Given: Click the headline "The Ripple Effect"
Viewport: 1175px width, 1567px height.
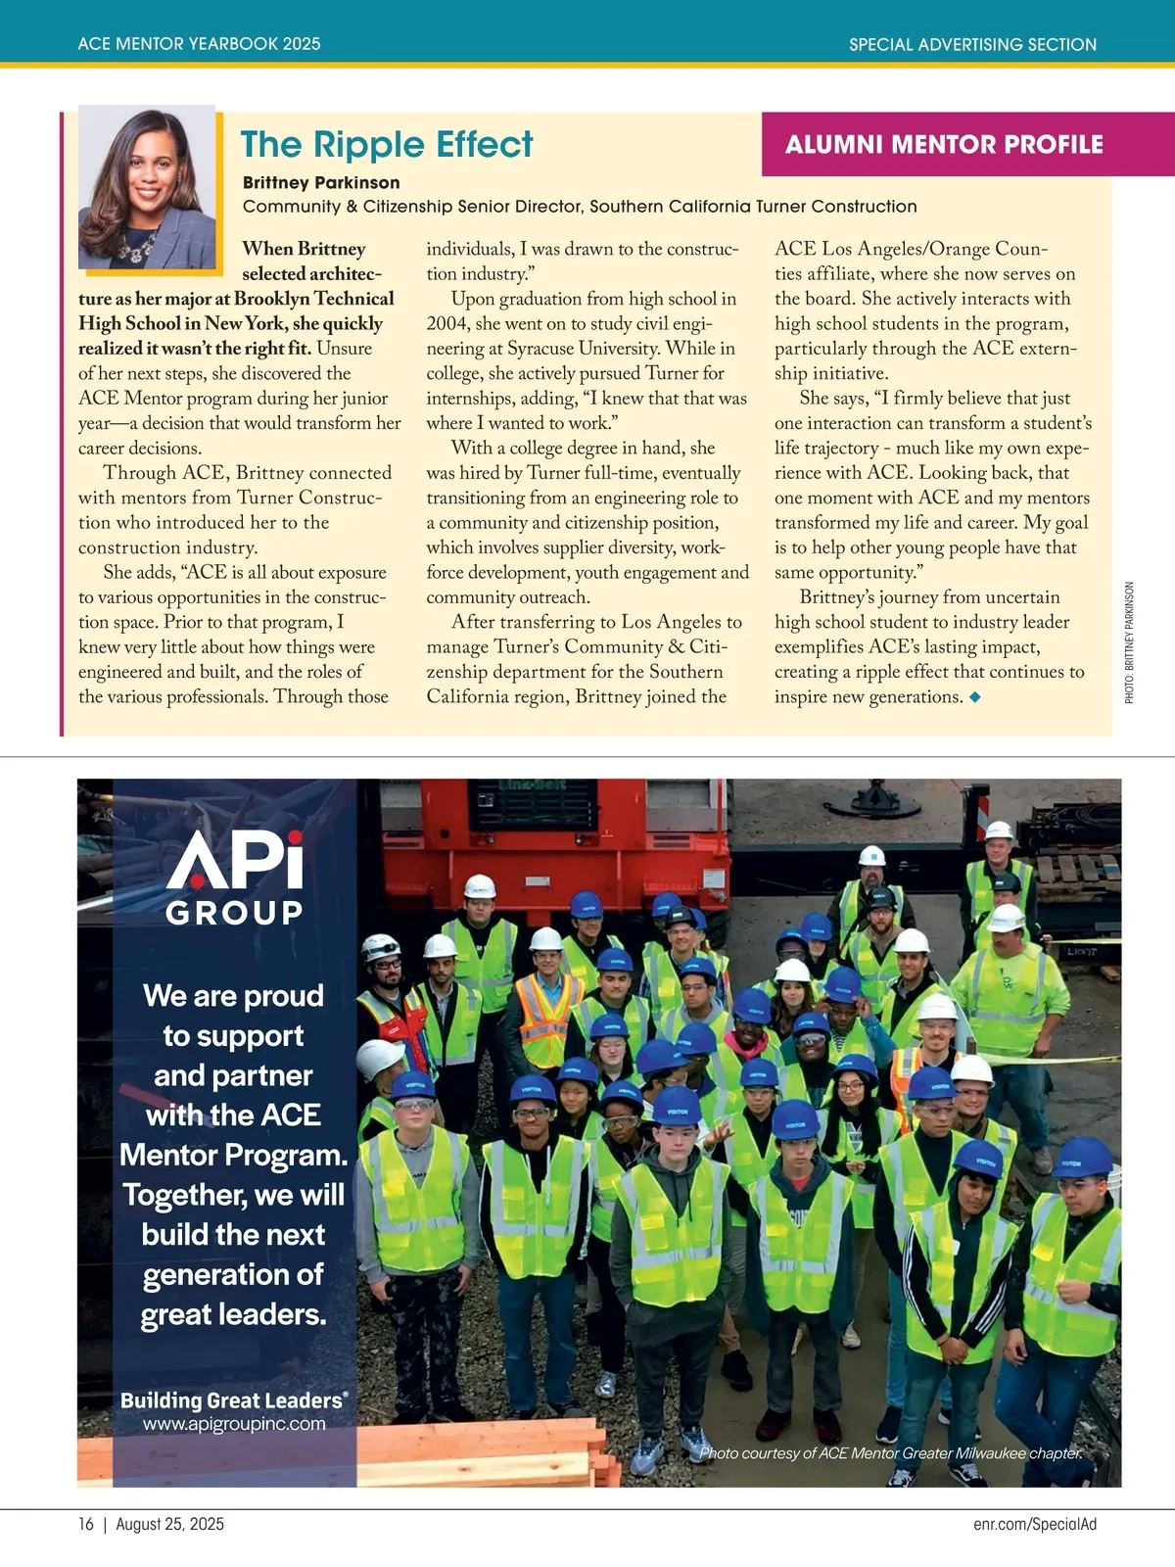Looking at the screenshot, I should tap(387, 145).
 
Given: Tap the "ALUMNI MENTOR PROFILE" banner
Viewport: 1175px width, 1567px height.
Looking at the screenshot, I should tap(944, 145).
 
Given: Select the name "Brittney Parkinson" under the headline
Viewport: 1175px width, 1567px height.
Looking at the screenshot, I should tap(321, 183).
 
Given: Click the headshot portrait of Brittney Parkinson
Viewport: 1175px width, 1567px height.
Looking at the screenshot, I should tap(147, 186).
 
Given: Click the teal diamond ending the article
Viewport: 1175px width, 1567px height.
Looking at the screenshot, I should tap(974, 697).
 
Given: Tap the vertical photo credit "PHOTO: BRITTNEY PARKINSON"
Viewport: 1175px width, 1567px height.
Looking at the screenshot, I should tap(1129, 642).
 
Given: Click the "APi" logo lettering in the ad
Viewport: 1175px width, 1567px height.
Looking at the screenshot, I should tap(235, 861).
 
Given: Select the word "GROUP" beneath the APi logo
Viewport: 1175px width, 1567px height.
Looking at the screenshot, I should tap(235, 913).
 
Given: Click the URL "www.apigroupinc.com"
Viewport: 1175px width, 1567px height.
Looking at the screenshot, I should tap(234, 1424).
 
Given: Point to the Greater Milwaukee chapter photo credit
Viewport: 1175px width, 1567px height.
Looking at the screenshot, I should tap(891, 1453).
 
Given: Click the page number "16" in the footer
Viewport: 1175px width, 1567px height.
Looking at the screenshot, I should tap(86, 1524).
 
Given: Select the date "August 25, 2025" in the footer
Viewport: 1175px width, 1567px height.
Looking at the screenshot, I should tap(170, 1524).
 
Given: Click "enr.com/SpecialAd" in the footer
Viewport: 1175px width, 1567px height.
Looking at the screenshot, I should tap(1035, 1524).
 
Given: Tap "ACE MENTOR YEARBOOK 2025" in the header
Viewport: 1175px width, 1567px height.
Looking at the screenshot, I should tap(199, 44).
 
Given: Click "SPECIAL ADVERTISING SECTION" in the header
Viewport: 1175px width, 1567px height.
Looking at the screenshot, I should tap(972, 44).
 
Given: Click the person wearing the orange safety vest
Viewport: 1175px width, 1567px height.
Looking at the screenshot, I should tap(545, 1009).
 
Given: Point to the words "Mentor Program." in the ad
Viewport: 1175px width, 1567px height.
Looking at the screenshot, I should tap(233, 1156).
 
